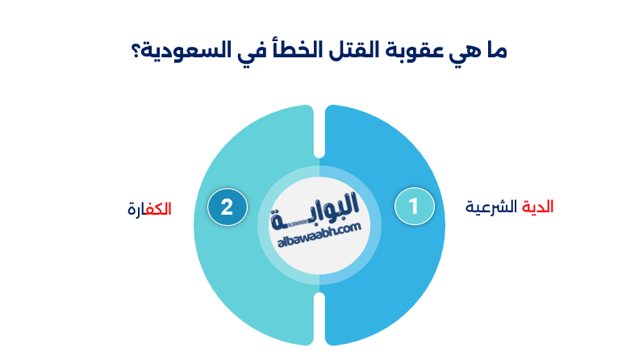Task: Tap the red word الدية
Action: click(x=538, y=207)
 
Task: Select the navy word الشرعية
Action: click(x=492, y=207)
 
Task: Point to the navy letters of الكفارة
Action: click(x=136, y=209)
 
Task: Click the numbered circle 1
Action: click(x=414, y=207)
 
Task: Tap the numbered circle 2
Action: click(x=227, y=207)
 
